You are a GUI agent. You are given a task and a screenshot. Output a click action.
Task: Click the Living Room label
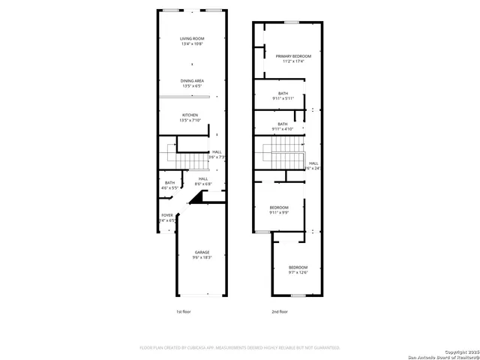[191, 38]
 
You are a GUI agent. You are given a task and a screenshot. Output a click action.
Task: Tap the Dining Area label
[192, 80]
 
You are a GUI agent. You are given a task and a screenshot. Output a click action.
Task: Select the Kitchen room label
[189, 115]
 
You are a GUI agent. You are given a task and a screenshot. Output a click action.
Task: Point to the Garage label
[202, 252]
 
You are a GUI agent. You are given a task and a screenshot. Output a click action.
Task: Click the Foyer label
[166, 215]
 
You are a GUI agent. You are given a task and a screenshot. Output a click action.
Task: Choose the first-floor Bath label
[170, 182]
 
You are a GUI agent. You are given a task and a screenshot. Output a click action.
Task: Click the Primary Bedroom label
[292, 56]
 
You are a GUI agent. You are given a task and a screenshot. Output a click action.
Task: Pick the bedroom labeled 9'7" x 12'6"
[298, 267]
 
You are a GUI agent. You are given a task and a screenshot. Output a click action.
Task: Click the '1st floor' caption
[184, 311]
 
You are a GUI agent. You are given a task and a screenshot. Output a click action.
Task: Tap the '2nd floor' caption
[280, 311]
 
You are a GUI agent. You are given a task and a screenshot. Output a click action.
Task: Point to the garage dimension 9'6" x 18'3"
[202, 257]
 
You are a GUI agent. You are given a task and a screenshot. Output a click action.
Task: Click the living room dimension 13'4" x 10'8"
[191, 44]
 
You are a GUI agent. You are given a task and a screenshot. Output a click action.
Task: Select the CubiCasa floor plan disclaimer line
[240, 348]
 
